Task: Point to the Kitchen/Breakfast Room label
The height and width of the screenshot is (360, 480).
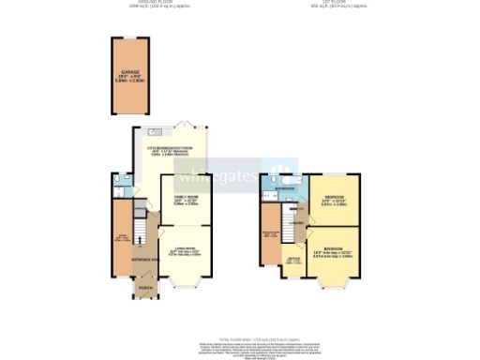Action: [170, 148]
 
